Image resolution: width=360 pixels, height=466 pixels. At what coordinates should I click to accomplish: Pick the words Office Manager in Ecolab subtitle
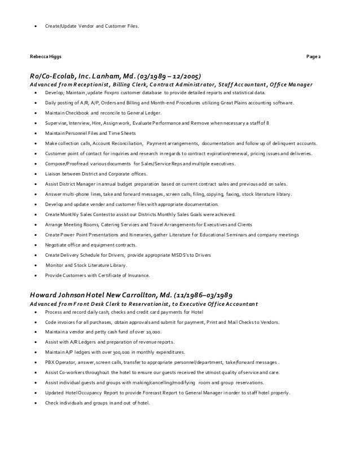tap(291, 85)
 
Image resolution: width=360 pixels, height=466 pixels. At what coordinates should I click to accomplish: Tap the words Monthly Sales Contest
tap(86, 215)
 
